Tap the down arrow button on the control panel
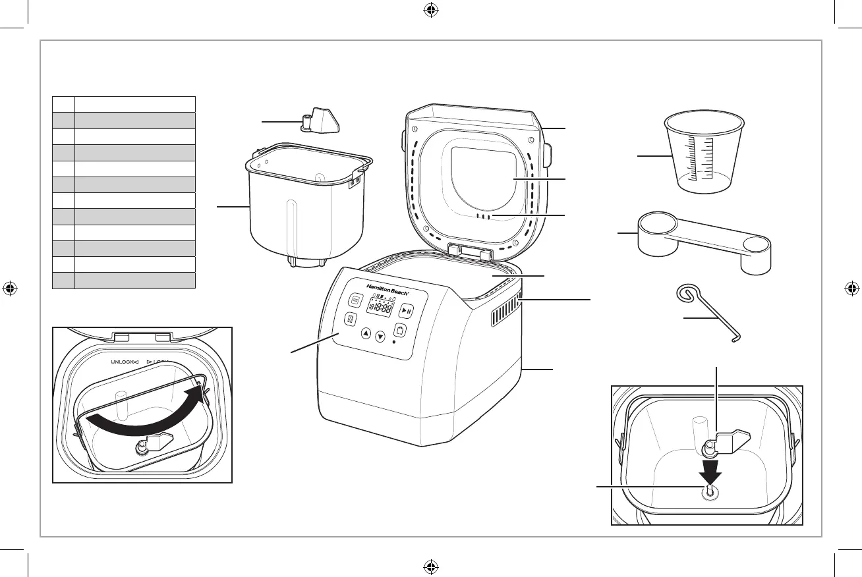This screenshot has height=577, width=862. click(380, 338)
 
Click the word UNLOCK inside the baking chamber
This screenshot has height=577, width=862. click(119, 362)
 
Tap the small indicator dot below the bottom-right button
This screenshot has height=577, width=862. click(393, 343)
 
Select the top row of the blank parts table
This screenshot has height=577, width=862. click(123, 103)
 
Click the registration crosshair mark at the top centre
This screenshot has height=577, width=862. click(430, 11)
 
